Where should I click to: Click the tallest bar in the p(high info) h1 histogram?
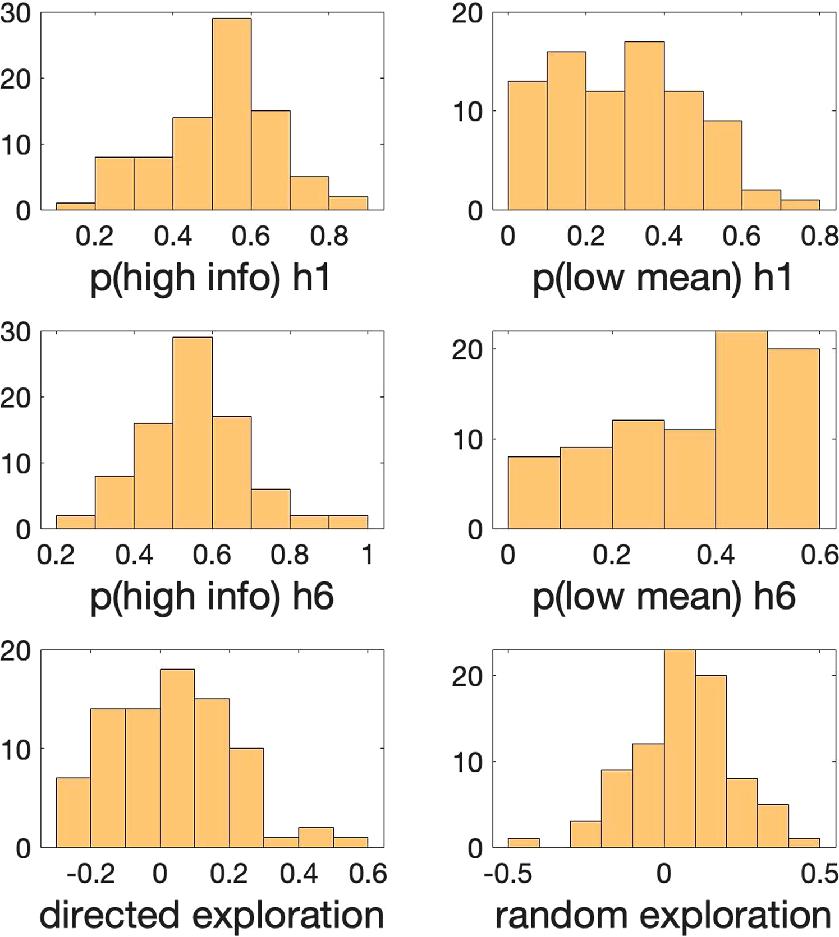coord(231,115)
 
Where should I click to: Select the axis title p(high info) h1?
coord(210,278)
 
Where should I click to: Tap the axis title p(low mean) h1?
coord(662,278)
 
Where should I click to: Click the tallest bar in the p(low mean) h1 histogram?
coord(644,126)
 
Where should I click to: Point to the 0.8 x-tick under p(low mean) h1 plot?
coord(819,236)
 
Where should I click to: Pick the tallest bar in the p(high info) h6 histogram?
coord(192,433)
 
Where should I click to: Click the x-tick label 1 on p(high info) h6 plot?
coord(368,555)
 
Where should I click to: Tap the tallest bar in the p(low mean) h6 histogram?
coord(741,431)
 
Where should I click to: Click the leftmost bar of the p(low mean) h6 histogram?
coord(534,493)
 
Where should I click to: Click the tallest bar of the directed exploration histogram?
coord(177,758)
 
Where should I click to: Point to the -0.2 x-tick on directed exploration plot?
coord(91,874)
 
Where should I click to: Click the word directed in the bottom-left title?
coord(111,915)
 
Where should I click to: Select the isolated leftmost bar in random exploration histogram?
coord(524,842)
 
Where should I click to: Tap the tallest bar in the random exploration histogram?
coord(680,749)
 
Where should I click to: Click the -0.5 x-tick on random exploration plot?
coord(508,874)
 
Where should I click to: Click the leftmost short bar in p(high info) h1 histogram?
coord(75,206)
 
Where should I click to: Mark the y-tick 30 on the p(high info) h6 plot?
coord(16,332)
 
